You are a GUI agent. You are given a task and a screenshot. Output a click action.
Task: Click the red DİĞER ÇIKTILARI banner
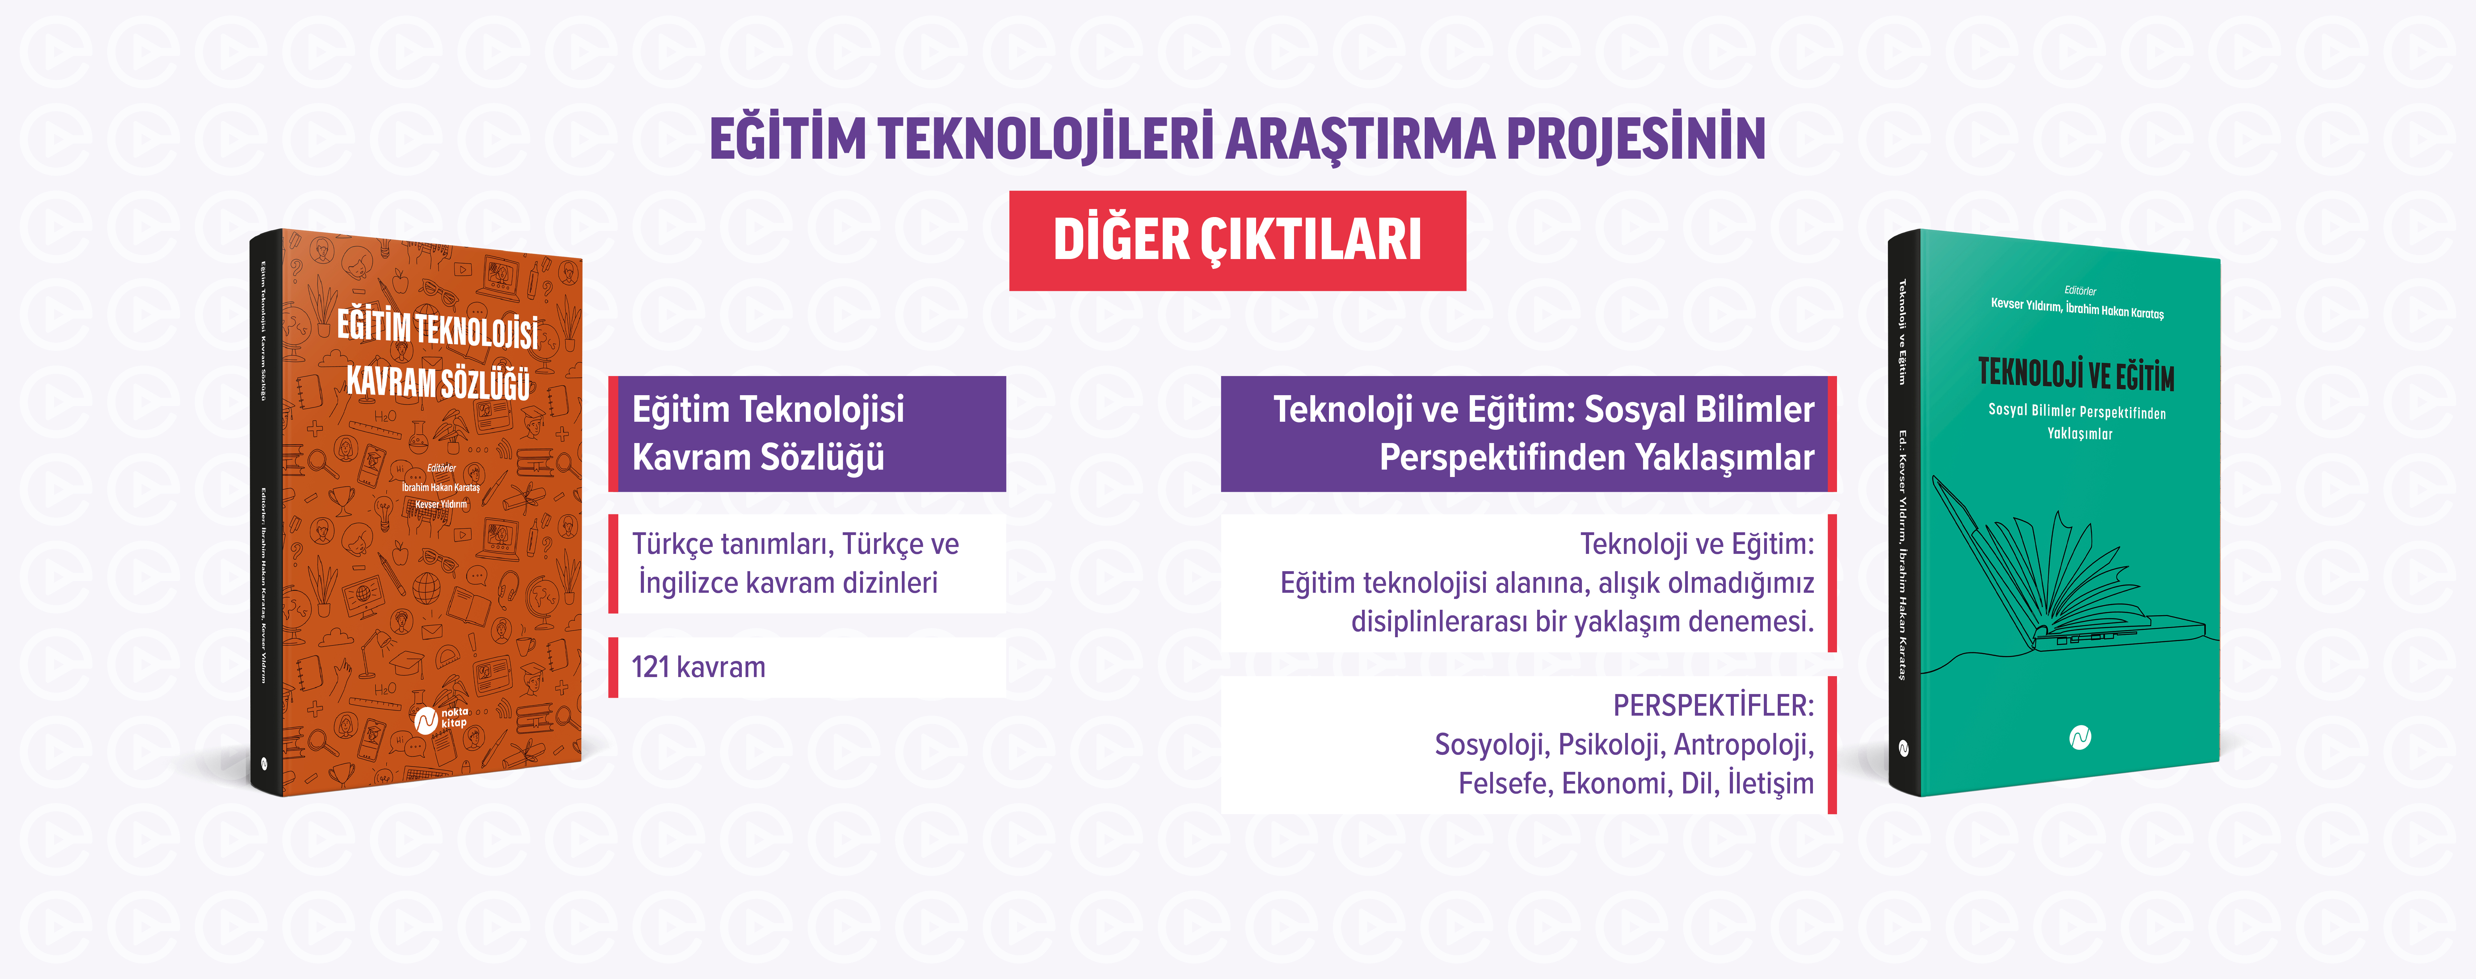coord(1237,240)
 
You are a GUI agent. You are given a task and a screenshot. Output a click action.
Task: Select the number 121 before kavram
coord(650,667)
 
